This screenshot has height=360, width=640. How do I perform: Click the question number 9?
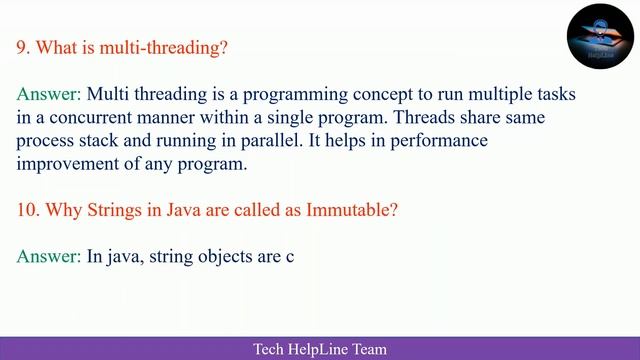[x=23, y=46]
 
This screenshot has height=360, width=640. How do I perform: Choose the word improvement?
[x=66, y=163]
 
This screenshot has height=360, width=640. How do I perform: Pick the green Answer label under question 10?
[x=48, y=257]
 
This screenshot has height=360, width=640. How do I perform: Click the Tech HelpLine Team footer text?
[x=319, y=349]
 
